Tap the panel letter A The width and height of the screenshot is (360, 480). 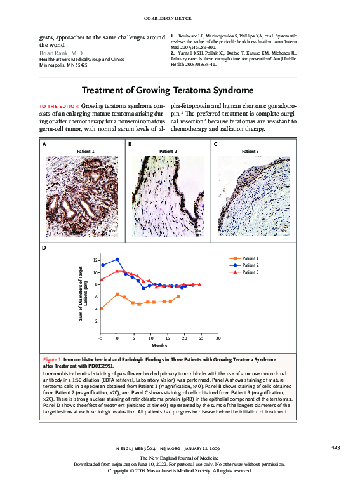click(44, 145)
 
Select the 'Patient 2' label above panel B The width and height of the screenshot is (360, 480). click(168, 151)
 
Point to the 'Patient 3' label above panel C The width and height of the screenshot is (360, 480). click(251, 151)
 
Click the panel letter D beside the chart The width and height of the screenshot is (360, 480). click(44, 248)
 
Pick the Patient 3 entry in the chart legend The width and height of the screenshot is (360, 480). click(250, 272)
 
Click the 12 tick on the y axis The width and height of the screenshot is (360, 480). click(94, 261)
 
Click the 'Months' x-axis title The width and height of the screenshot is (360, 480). click(159, 346)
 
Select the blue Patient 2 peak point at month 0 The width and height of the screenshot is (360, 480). click(117, 259)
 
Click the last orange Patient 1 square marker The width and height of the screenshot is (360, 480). click(178, 297)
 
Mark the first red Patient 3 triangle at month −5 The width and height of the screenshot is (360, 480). click(102, 279)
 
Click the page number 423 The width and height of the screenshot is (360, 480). click(336, 447)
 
